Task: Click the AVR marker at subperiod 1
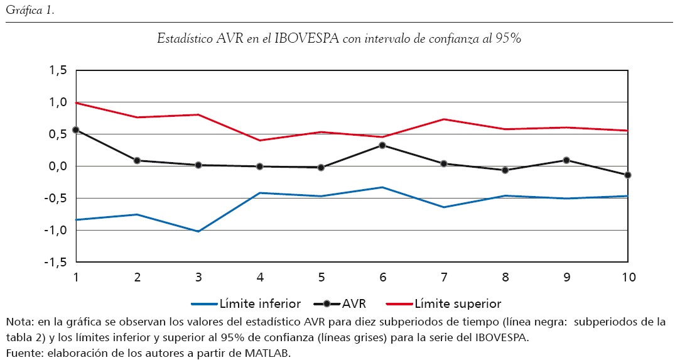click(75, 130)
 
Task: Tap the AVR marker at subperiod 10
click(628, 175)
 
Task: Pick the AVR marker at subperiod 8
click(505, 170)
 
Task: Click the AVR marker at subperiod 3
click(198, 165)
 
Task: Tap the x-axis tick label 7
click(444, 277)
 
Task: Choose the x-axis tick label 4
click(259, 277)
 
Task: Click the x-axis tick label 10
click(628, 277)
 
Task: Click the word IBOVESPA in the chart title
click(306, 38)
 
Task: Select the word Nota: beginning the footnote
click(19, 322)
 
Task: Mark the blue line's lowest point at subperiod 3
click(198, 231)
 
